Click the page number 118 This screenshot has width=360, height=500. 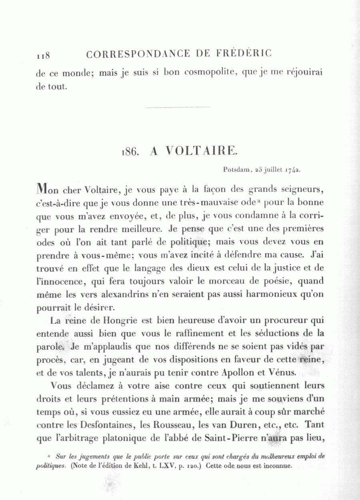click(x=42, y=55)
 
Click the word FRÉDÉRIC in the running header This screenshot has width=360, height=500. click(x=245, y=54)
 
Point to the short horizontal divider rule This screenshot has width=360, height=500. click(x=178, y=107)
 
